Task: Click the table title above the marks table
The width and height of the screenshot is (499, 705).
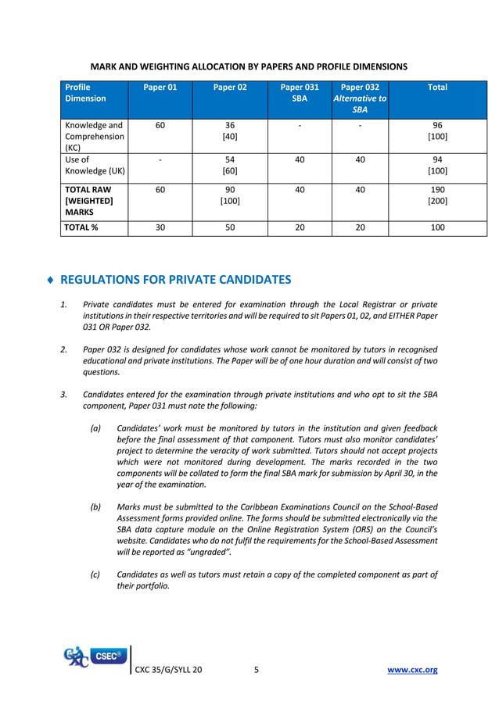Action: [x=249, y=66]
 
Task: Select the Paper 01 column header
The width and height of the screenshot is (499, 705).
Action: [x=160, y=88]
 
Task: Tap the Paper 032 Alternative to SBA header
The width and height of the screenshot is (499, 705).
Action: [x=360, y=98]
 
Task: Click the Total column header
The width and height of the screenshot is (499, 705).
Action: [x=437, y=88]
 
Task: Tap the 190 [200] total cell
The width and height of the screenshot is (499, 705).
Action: [x=437, y=195]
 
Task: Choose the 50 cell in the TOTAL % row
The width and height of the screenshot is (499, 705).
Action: [x=230, y=227]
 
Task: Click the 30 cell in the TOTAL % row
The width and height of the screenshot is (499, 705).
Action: [x=160, y=227]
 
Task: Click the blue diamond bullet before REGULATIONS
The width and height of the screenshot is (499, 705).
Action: [x=51, y=280]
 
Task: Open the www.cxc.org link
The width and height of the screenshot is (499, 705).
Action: [x=413, y=670]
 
